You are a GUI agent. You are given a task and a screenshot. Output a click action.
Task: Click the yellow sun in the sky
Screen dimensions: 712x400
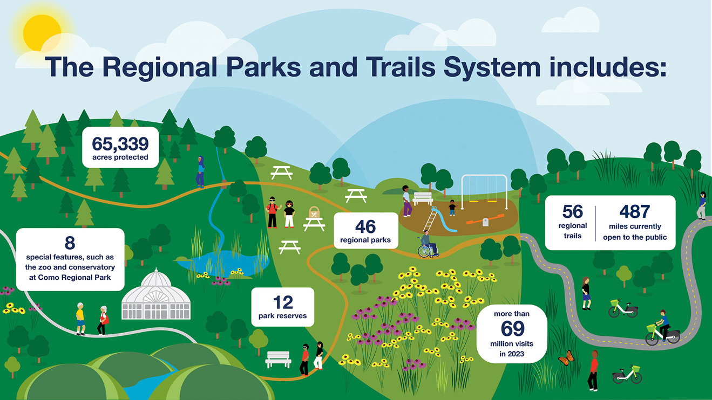pyautogui.click(x=42, y=33)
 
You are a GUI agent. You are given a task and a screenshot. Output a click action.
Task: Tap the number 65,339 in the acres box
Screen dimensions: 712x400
pyautogui.click(x=120, y=144)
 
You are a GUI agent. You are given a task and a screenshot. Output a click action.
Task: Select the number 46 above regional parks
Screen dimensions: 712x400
pyautogui.click(x=365, y=226)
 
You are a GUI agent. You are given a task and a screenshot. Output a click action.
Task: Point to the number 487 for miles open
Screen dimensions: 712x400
pyautogui.click(x=634, y=211)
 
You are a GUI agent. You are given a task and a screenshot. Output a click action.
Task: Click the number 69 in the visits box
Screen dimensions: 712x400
pyautogui.click(x=512, y=328)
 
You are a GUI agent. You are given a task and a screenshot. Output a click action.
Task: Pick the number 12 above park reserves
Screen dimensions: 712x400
pyautogui.click(x=283, y=302)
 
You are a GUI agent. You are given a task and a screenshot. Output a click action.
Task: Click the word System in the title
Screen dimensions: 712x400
pyautogui.click(x=492, y=67)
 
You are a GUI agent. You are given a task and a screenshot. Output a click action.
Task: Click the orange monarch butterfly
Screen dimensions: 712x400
pyautogui.click(x=566, y=358)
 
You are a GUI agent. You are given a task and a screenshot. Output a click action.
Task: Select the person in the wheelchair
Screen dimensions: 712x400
pyautogui.click(x=428, y=244)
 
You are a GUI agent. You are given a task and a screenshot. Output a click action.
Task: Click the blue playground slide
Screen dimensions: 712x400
pyautogui.click(x=443, y=219)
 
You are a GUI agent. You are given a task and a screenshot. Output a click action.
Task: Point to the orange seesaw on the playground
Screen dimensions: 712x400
pyautogui.click(x=485, y=219)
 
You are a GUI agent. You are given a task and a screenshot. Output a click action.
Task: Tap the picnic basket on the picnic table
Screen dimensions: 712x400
pyautogui.click(x=314, y=212)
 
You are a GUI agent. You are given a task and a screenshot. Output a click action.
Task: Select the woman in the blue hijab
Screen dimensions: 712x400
pyautogui.click(x=200, y=172)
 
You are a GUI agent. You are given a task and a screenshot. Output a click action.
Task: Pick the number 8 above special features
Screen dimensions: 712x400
pyautogui.click(x=70, y=243)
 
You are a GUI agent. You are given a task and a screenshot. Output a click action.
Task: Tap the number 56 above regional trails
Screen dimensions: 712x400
pyautogui.click(x=572, y=211)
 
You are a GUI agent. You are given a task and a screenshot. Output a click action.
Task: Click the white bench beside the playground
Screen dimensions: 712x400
pyautogui.click(x=423, y=198)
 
